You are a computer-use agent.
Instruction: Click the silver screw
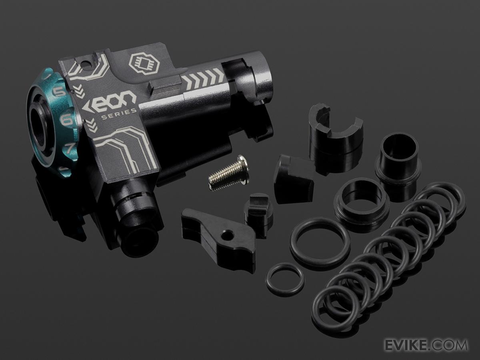(x=228, y=172)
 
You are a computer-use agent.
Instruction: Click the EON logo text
(x=109, y=101)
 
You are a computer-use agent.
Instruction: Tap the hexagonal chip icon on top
(x=144, y=63)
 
